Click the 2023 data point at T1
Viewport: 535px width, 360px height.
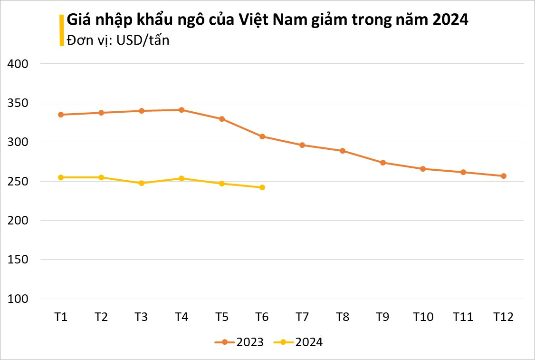click(61, 115)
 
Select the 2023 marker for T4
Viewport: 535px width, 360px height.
click(182, 110)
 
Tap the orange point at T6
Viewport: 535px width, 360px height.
click(262, 136)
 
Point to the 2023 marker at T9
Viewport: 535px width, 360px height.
click(383, 163)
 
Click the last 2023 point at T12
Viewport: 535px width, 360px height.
click(504, 176)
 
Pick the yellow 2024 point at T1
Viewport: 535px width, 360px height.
click(61, 177)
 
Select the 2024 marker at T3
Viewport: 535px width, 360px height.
click(142, 183)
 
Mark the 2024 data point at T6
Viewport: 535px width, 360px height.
click(262, 187)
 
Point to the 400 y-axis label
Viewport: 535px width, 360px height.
click(19, 64)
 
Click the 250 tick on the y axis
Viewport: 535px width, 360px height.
click(19, 182)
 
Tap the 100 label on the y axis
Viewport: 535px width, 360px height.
click(19, 299)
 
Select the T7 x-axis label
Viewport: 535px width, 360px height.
click(302, 317)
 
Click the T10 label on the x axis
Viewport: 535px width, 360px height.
click(423, 317)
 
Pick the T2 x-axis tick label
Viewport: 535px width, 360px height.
click(101, 317)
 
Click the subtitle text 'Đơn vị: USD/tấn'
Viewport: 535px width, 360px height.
click(118, 40)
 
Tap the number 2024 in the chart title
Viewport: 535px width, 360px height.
click(450, 20)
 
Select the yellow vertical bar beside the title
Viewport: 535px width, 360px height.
click(61, 30)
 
